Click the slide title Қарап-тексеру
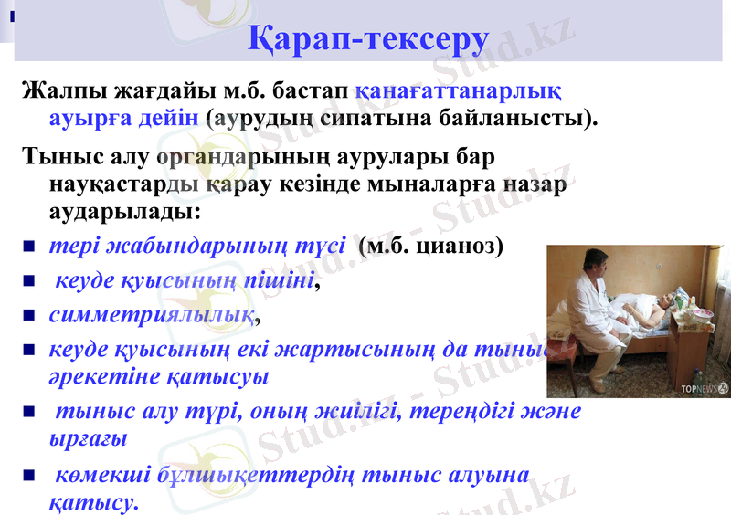[x=368, y=39]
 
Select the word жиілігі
[x=357, y=411]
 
